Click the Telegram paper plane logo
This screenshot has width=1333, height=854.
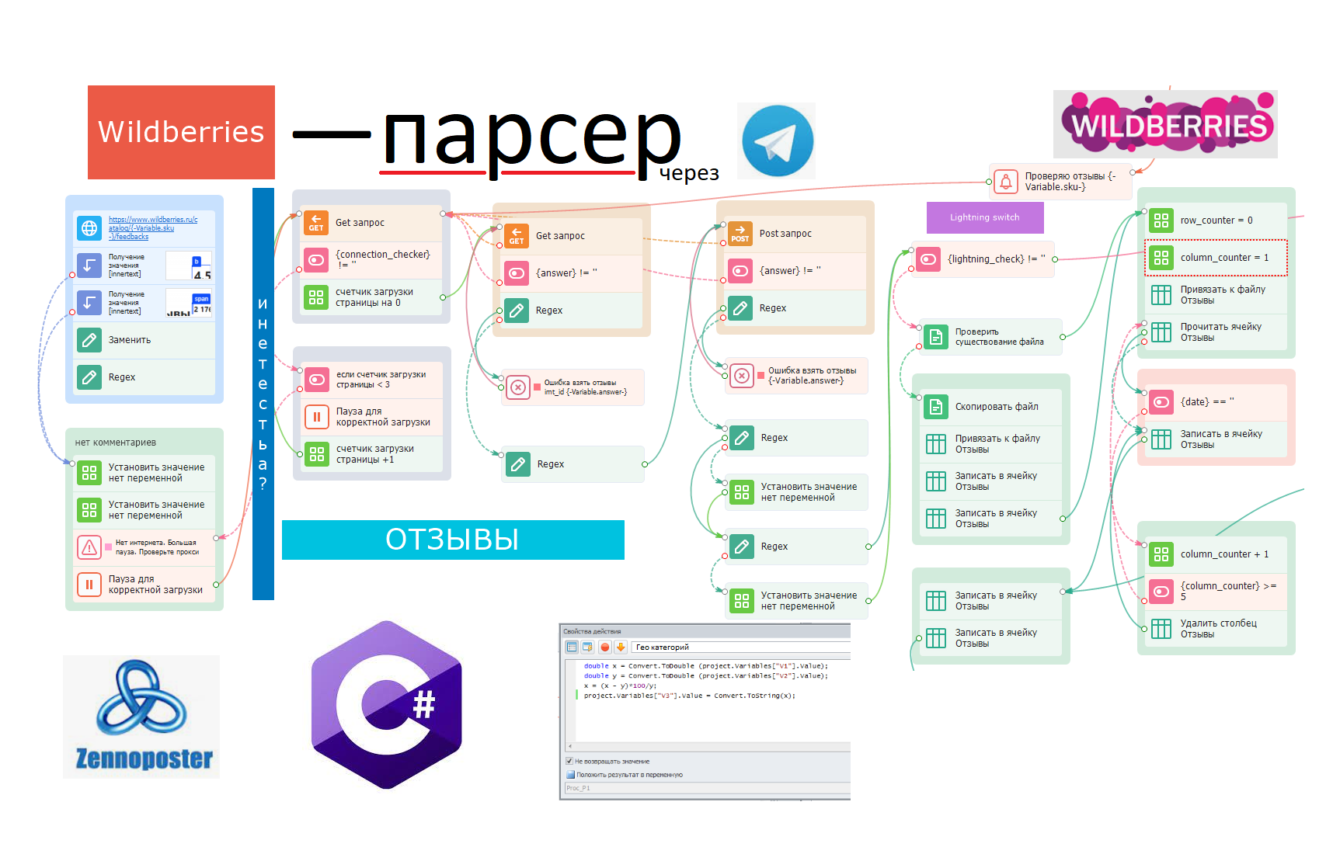777,141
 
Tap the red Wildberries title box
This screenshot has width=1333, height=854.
181,132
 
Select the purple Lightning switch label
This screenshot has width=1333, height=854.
984,217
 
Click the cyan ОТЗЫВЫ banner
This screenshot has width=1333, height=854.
452,540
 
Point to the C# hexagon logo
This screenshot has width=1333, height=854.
387,705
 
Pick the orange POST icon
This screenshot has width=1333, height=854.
740,233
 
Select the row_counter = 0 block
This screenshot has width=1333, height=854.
1216,220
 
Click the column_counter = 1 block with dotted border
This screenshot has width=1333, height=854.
1216,258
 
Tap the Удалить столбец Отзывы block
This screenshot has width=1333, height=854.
1216,629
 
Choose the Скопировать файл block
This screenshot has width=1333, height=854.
994,407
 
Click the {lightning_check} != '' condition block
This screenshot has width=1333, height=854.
983,259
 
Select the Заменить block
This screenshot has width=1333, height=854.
144,340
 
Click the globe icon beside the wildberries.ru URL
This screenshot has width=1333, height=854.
89,228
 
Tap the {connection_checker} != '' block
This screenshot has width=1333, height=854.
371,259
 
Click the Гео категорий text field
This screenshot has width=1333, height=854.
738,647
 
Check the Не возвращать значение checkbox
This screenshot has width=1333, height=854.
569,761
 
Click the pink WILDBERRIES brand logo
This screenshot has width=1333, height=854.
1165,124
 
